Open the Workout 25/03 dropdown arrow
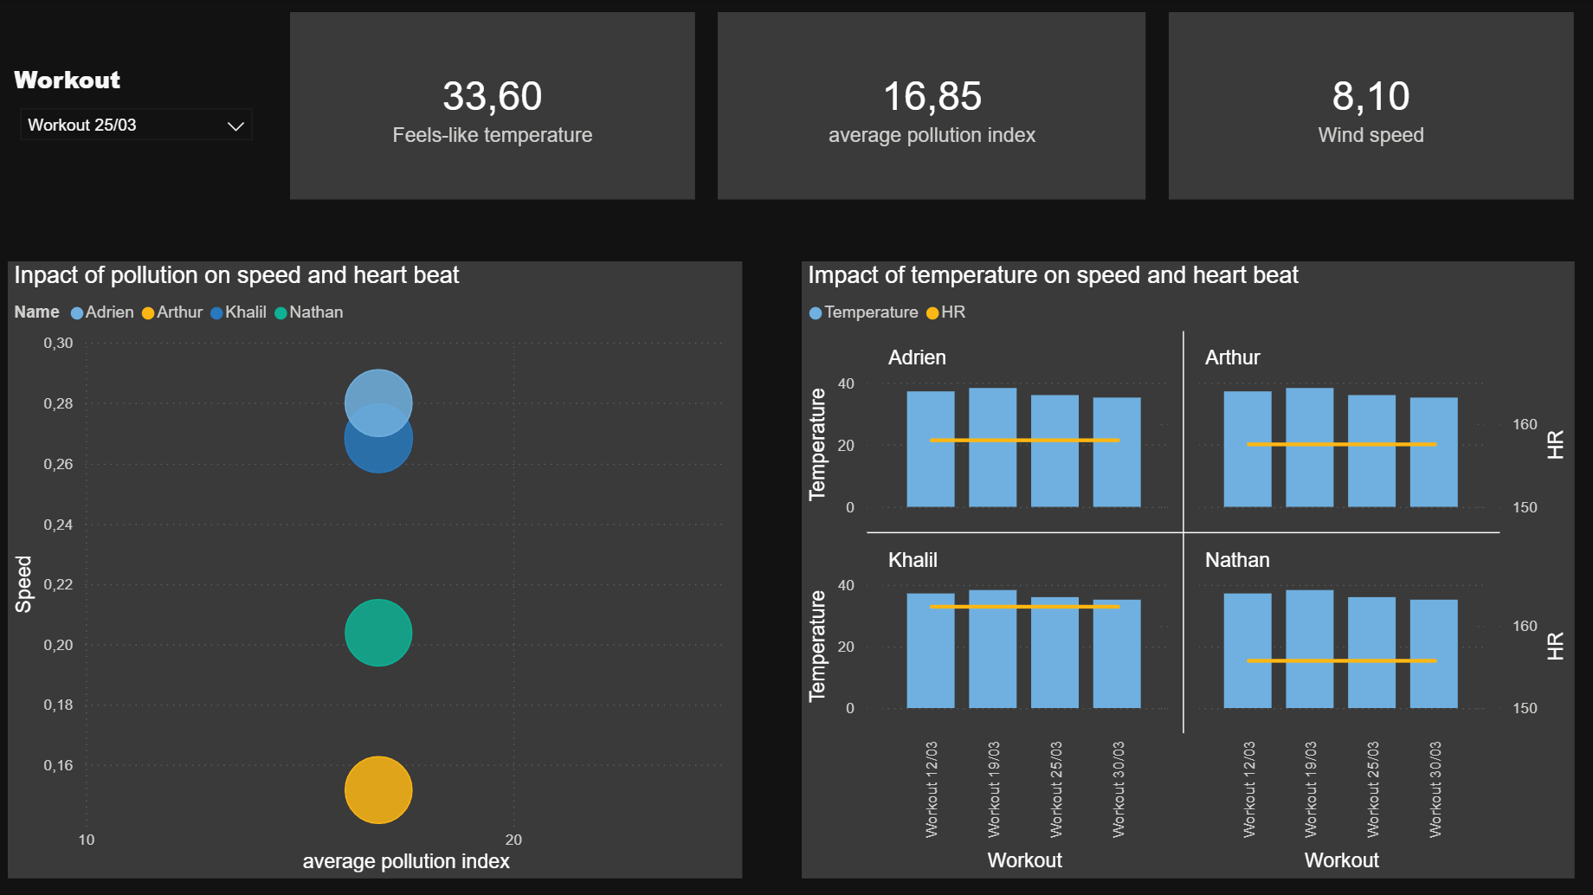235,126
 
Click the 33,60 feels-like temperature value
492,96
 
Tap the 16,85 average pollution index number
932,96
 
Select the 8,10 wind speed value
1370,96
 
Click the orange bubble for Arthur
378,789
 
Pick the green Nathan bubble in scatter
378,633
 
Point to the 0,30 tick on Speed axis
59,344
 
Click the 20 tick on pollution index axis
513,840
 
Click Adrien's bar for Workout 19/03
992,467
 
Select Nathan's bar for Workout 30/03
1434,675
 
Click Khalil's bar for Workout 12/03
931,666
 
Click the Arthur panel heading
1232,357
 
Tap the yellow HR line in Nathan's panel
1341,660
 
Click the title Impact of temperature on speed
1053,275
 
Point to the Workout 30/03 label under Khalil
1118,789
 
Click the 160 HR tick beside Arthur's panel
1525,424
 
